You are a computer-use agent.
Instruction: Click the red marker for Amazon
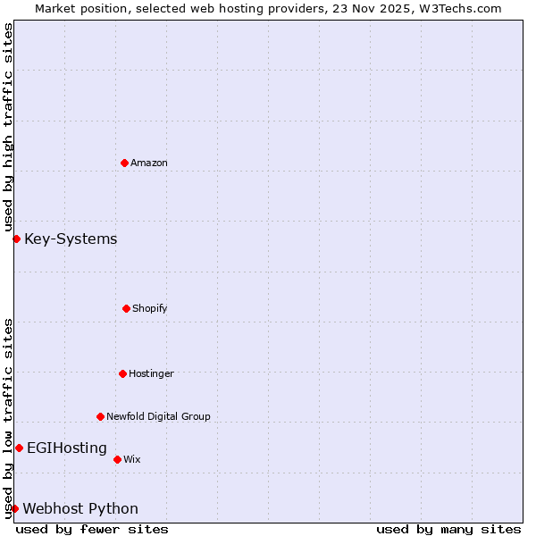(x=124, y=163)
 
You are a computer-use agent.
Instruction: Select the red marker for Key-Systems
(x=16, y=239)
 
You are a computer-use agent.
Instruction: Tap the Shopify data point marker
(x=126, y=308)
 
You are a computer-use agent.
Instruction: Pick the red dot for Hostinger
(x=122, y=373)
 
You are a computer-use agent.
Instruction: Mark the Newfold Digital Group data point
(x=100, y=416)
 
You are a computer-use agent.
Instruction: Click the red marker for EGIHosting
(x=19, y=448)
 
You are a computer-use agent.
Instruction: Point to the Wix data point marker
(x=117, y=459)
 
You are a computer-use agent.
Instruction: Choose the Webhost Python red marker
(x=14, y=508)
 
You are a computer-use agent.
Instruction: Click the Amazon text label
(x=149, y=163)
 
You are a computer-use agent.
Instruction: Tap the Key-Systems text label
(x=71, y=239)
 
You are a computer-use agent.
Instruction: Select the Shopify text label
(x=150, y=308)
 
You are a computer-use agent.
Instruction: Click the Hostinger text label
(x=151, y=373)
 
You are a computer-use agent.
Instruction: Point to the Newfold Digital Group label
(x=158, y=416)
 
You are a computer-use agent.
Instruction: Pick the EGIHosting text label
(x=67, y=448)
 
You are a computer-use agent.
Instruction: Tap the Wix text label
(x=132, y=459)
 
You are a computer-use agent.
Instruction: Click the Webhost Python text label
(x=80, y=508)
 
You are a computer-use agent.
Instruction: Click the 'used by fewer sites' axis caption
(x=92, y=529)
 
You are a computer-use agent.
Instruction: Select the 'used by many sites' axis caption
(x=448, y=529)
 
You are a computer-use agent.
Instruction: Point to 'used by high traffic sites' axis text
(x=8, y=127)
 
